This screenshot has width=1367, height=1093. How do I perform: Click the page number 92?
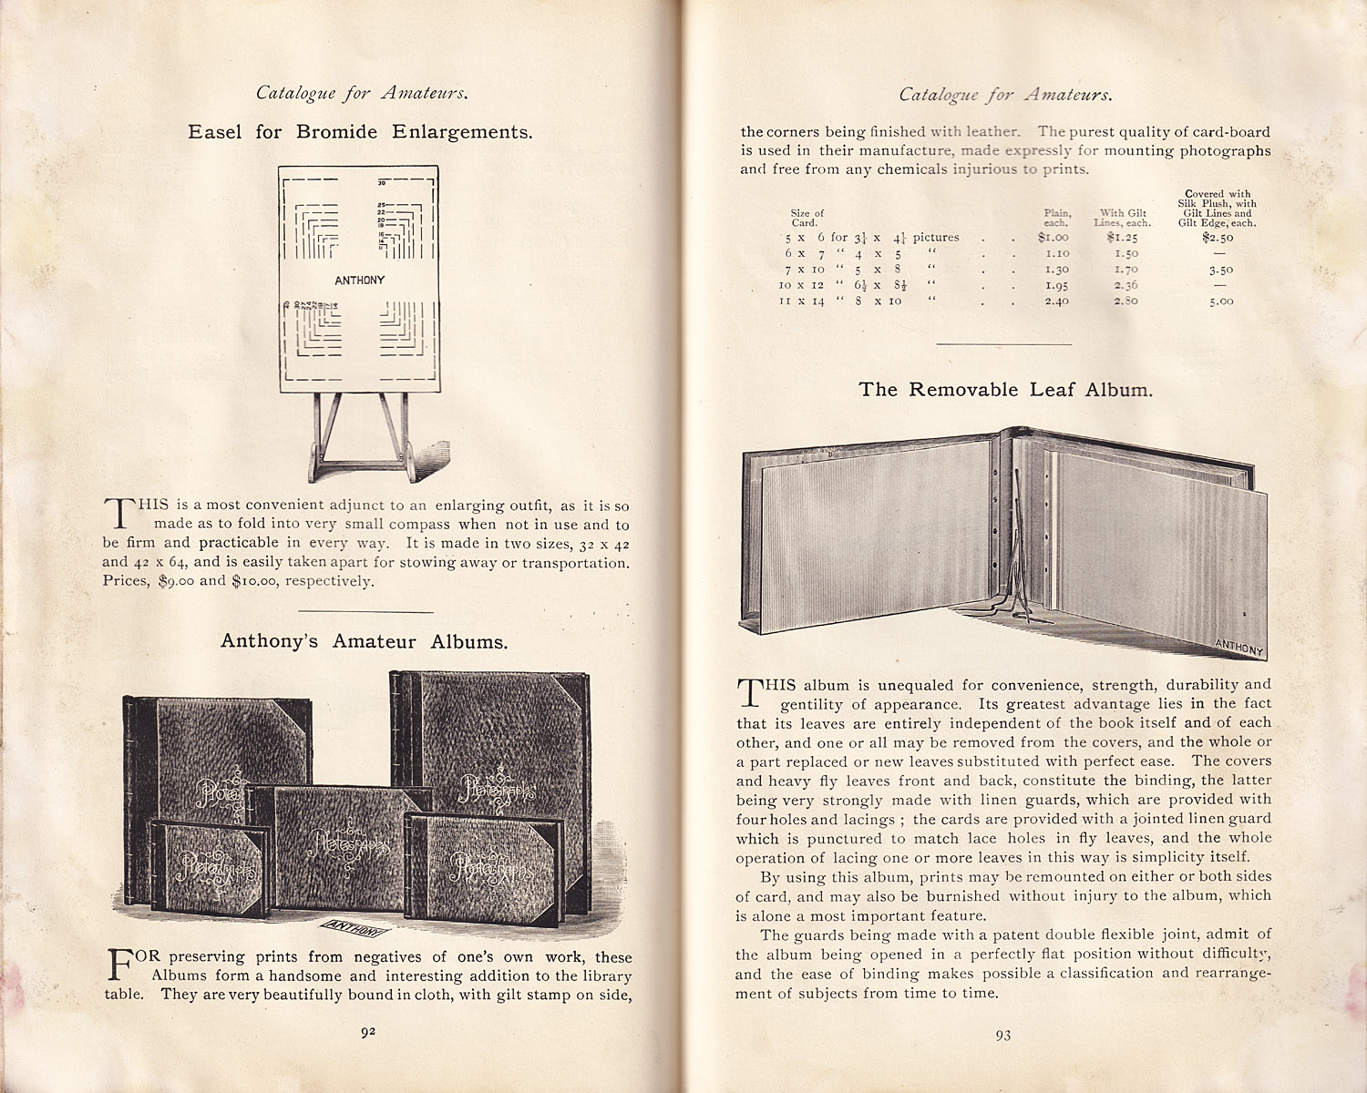pos(368,1032)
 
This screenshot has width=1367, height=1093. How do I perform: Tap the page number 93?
pos(1002,1035)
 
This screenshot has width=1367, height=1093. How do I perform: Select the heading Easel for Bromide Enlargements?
pos(360,132)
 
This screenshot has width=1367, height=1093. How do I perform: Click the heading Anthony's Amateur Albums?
pos(364,641)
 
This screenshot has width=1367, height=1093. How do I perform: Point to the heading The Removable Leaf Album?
pos(1005,390)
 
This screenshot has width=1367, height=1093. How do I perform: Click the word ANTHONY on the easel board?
pos(359,280)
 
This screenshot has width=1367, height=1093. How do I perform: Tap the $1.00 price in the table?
pos(1053,237)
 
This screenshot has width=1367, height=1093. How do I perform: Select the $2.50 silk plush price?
pos(1218,238)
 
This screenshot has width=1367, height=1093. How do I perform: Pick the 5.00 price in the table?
pos(1221,301)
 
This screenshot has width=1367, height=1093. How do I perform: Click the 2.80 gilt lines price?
pos(1125,301)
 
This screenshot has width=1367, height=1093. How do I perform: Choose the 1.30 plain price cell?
pos(1056,270)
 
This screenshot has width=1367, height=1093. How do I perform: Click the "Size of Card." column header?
pos(807,218)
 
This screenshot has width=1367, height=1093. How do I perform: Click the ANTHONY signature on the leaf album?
pos(1239,647)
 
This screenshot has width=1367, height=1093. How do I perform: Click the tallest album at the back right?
pos(492,738)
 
